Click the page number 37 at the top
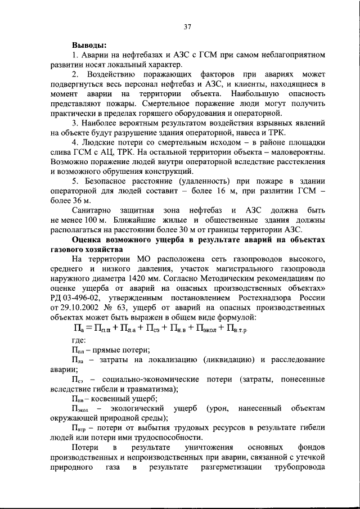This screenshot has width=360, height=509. click(187, 26)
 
